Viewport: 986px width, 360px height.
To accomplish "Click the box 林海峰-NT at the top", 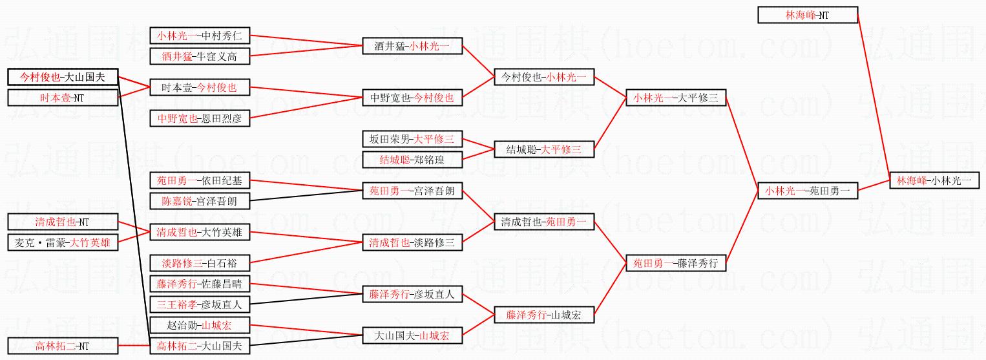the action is click(x=808, y=16).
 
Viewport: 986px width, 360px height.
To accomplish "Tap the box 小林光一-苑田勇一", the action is click(x=808, y=191).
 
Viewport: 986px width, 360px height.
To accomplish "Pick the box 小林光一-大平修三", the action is click(x=676, y=98).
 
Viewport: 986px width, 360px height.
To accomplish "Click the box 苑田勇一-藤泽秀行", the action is click(x=676, y=263).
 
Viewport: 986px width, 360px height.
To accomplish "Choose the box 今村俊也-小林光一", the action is click(x=544, y=78).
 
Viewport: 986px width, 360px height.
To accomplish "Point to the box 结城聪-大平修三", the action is click(x=544, y=150).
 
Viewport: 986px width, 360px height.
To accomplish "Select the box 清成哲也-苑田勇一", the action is click(x=544, y=222).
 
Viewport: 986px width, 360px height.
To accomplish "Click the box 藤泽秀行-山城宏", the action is click(x=544, y=315).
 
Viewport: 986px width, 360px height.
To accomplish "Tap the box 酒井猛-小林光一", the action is click(x=412, y=46).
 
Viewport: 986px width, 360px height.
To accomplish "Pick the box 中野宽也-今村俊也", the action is click(x=412, y=98).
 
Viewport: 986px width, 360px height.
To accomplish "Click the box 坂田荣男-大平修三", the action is click(x=412, y=139).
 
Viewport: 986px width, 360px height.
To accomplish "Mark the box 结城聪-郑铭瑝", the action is click(x=412, y=160).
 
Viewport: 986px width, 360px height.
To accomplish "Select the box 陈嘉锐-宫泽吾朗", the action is click(x=200, y=201).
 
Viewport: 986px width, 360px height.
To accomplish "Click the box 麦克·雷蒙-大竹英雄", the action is click(x=63, y=242).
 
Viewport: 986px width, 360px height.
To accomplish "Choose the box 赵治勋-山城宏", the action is click(x=200, y=325).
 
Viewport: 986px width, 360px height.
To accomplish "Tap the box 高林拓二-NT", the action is click(x=63, y=346).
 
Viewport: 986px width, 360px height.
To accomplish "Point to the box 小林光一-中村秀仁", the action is click(x=200, y=36).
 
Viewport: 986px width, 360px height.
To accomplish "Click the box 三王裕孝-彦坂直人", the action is click(x=200, y=304).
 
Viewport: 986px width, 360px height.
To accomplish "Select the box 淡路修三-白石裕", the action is click(x=200, y=263).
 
